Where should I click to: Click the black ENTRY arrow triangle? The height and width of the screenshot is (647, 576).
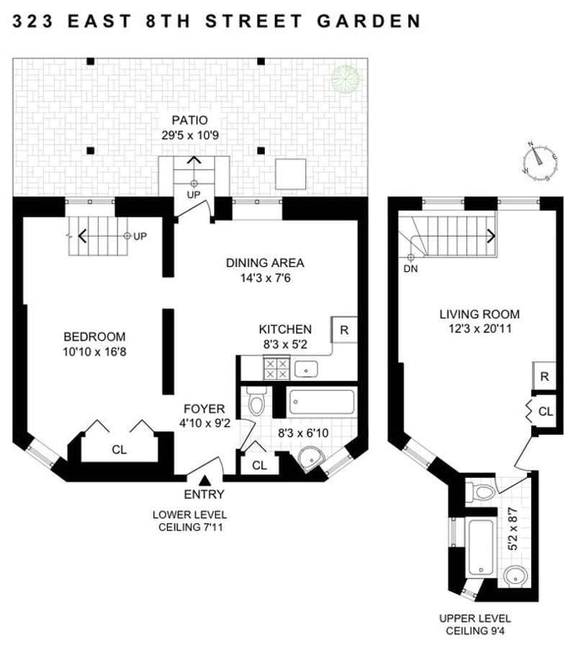(x=205, y=480)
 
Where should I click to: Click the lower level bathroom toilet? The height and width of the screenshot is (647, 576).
(x=256, y=403)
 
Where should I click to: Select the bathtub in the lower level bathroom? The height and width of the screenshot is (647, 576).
(x=322, y=402)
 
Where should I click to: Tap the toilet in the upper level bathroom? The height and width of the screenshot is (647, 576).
(x=483, y=492)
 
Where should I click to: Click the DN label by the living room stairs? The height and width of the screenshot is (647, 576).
(x=411, y=269)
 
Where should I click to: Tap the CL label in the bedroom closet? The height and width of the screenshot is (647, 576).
(x=120, y=450)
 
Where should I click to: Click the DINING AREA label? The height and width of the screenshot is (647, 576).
(x=265, y=262)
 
